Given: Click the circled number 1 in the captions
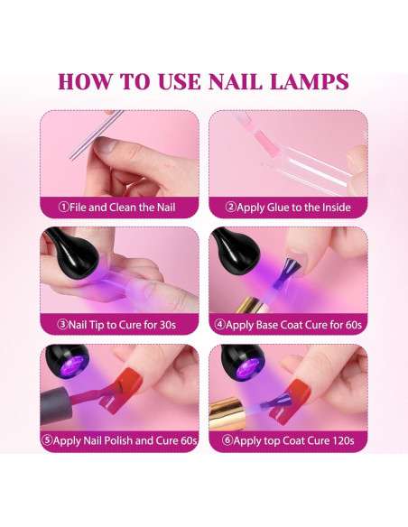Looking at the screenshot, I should tap(63, 207).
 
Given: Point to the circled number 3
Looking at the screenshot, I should tap(63, 324).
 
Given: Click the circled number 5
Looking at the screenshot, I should tap(47, 441).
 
